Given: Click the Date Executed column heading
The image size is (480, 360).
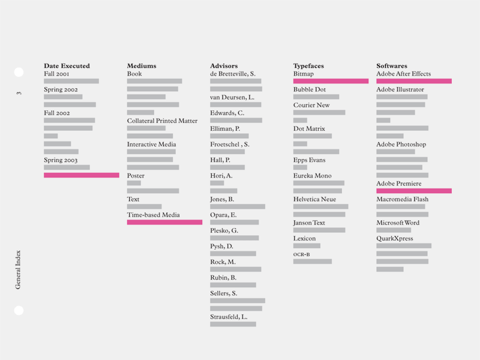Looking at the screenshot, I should point(67,66).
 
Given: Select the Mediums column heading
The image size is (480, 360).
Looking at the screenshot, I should point(142,66).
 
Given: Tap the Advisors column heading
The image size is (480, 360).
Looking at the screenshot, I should point(224,66).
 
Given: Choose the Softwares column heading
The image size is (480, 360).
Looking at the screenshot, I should point(392,66).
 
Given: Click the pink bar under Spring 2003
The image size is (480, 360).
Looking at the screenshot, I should point(82,175).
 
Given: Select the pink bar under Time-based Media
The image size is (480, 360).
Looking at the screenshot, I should point(164,222).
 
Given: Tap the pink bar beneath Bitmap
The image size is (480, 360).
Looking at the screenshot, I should point(331,81).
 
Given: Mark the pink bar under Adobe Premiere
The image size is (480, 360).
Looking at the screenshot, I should point(414,191).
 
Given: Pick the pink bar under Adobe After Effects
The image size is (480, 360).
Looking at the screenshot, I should point(414,81).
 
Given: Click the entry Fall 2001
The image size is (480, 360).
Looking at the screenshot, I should point(56,74).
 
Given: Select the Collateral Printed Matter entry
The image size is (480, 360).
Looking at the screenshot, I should point(162,121).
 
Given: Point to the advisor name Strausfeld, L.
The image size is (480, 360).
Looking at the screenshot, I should point(229,317).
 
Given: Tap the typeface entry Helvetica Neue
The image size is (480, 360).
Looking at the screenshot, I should point(314,199).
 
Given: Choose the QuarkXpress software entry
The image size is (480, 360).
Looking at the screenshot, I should point(395,238).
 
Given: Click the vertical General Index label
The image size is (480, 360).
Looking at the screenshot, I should point(18,269).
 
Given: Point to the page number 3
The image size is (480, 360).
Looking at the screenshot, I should point(19,93).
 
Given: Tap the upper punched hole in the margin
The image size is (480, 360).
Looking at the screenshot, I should point(19,73).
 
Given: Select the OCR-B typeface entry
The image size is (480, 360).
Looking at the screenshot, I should point(301,254).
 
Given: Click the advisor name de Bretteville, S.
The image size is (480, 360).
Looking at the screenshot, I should point(233,74).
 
